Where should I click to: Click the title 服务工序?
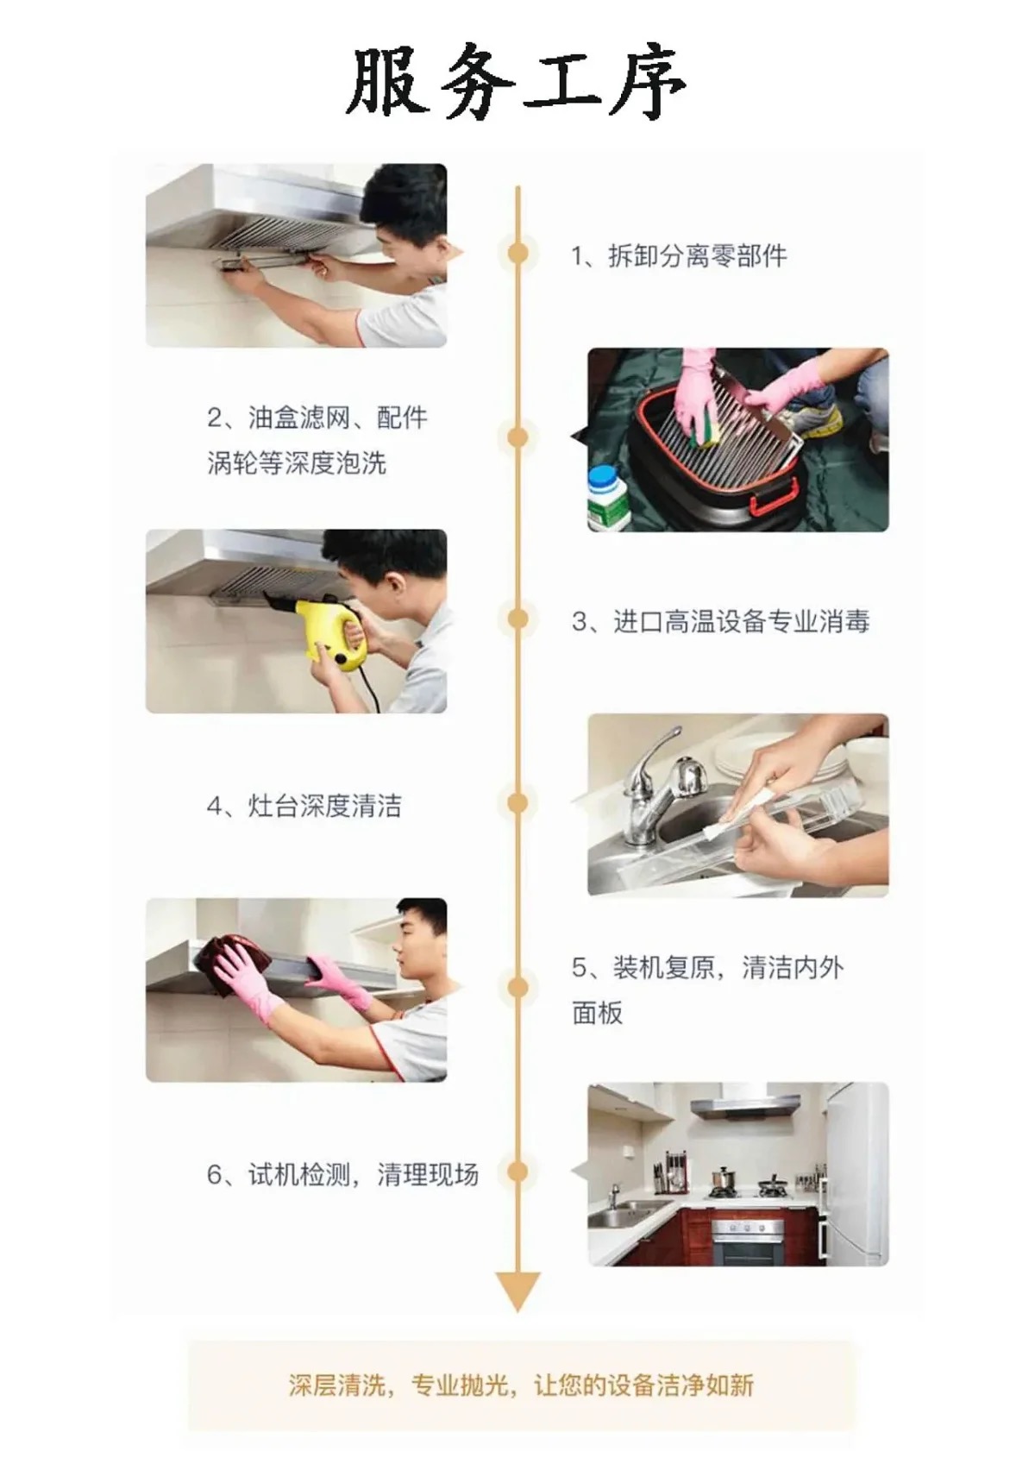pyautogui.click(x=516, y=82)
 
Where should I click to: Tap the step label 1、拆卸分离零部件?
pyautogui.click(x=679, y=256)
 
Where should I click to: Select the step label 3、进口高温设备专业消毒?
pyautogui.click(x=720, y=621)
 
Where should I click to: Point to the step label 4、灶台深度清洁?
pyautogui.click(x=304, y=806)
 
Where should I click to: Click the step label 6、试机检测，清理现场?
pyautogui.click(x=343, y=1174)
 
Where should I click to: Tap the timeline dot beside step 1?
pyautogui.click(x=518, y=253)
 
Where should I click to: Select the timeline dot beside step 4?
pyautogui.click(x=518, y=803)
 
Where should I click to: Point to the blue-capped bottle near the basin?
pyautogui.click(x=607, y=498)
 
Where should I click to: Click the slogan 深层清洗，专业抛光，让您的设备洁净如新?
pyautogui.click(x=521, y=1385)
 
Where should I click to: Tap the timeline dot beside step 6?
pyautogui.click(x=518, y=1172)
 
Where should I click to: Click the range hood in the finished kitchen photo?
pyautogui.click(x=745, y=1104)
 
